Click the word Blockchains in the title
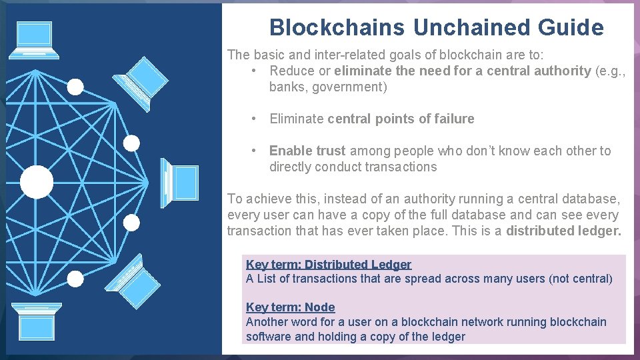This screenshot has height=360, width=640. tap(337, 27)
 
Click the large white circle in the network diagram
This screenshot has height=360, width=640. tap(36, 182)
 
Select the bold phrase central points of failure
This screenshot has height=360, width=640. tap(401, 119)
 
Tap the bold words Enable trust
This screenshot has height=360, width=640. tap(307, 151)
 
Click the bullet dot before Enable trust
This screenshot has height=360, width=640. tap(254, 151)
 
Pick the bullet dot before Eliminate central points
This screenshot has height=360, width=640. tap(254, 119)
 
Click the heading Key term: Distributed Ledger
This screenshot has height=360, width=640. tap(329, 264)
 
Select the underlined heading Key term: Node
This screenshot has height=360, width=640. tap(290, 307)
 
